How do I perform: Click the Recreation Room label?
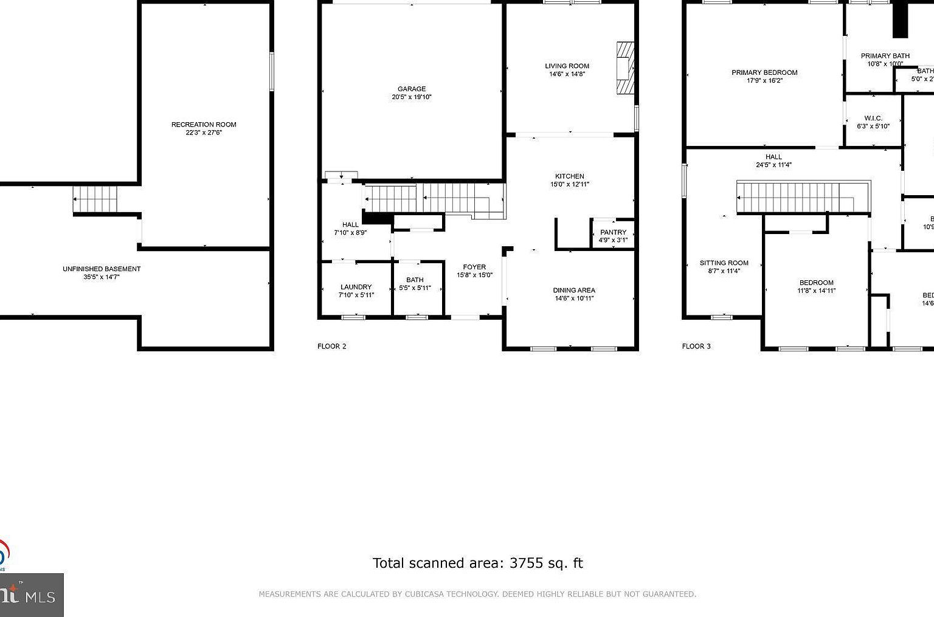204,125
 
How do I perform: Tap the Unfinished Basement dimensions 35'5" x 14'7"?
102,277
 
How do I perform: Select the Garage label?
412,89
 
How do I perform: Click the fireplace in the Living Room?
625,68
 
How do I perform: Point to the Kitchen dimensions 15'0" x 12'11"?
570,184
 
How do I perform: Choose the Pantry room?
613,236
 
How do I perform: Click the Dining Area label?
573,290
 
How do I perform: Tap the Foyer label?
474,267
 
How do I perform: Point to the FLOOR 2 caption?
331,346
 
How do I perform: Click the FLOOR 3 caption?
696,346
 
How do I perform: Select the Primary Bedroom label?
764,72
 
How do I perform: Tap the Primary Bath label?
885,56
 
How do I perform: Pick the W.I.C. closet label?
873,119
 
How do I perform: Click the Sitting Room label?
724,263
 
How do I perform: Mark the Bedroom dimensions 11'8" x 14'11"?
817,291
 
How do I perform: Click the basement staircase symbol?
95,199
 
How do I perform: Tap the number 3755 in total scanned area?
526,563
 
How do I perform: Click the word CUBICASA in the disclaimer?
423,594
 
